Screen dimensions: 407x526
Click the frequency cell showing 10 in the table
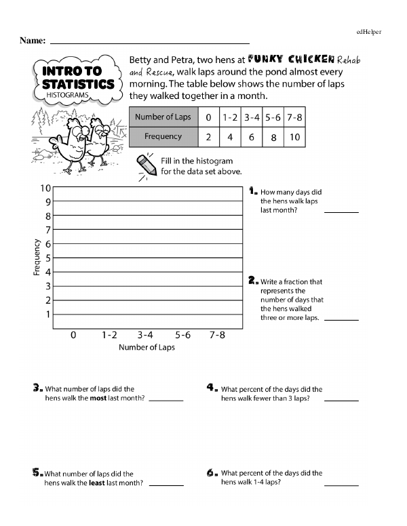(294, 137)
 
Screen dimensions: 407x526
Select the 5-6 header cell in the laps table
(273, 117)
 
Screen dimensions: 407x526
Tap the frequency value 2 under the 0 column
(208, 137)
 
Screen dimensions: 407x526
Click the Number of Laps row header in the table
(163, 117)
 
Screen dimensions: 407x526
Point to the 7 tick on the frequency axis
(48, 230)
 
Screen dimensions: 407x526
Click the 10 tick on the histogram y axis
(45, 188)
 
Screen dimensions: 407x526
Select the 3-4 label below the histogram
(145, 335)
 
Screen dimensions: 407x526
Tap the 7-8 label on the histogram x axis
(217, 335)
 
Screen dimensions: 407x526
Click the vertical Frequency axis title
(36, 258)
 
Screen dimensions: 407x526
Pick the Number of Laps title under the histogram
(147, 347)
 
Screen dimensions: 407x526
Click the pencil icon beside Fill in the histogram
(147, 165)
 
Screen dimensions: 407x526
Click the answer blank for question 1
(341, 212)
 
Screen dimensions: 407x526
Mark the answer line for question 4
(341, 400)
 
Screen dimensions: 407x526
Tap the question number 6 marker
(210, 473)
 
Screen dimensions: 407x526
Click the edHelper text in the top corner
(369, 32)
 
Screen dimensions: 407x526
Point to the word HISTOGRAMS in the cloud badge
(67, 95)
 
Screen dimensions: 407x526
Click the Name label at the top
(33, 41)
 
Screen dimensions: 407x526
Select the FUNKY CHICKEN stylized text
(291, 60)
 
